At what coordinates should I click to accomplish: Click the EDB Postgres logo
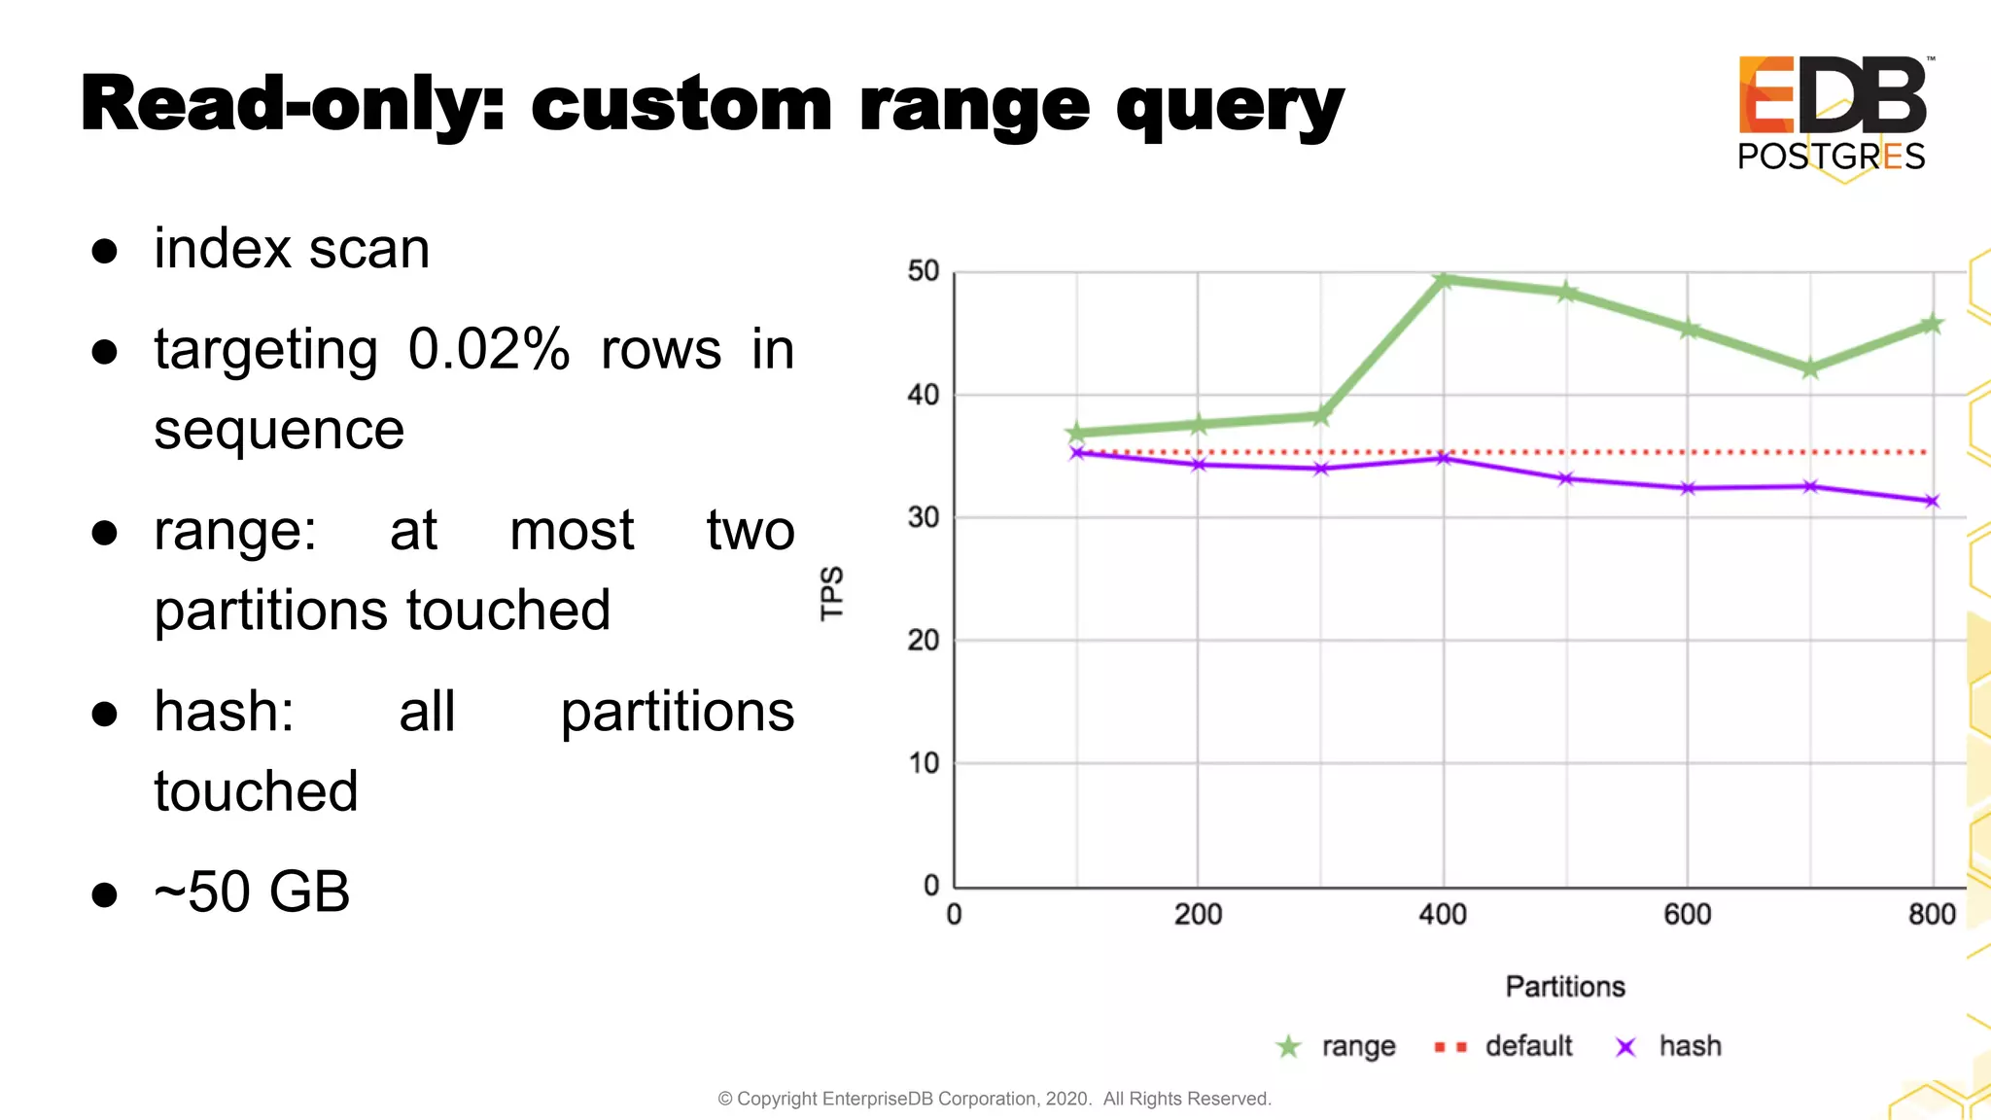pos(1832,113)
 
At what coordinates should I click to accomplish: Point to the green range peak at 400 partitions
pos(1444,281)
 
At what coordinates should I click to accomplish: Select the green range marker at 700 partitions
pos(1810,369)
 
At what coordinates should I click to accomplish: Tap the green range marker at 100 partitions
pos(1076,433)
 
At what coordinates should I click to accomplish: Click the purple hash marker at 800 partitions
pos(1932,502)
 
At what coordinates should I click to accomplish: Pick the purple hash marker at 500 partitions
pos(1565,478)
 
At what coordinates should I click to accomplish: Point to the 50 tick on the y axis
pos(923,271)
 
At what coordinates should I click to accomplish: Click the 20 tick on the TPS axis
pos(923,641)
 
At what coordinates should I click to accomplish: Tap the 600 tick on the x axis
pos(1687,914)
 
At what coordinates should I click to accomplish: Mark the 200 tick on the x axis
pos(1198,914)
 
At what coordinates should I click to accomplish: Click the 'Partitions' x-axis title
pos(1565,987)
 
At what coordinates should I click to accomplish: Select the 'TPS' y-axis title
pos(832,593)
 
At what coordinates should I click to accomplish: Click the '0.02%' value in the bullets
pos(488,350)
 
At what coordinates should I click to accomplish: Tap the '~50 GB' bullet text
pos(252,892)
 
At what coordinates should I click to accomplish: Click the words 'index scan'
pos(292,249)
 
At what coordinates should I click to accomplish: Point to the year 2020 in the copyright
pos(1066,1099)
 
